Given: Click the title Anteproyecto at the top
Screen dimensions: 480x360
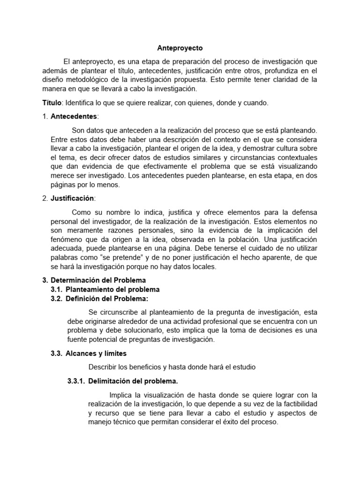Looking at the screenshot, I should coord(180,48).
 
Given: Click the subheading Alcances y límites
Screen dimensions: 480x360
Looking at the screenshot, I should coord(96,353).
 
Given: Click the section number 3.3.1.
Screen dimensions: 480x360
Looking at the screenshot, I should coord(76,381).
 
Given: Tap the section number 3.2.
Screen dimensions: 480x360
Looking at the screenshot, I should coord(57,298).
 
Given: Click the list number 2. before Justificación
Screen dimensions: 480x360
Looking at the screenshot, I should coord(45,198).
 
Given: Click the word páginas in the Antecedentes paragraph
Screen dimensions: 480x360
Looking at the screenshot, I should coord(63,185).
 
